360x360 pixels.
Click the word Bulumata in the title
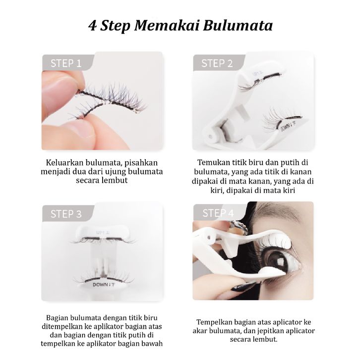tap(238, 25)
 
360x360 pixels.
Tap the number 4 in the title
tap(92, 26)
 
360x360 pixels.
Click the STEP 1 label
tap(66, 63)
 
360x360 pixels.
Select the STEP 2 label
tap(217, 63)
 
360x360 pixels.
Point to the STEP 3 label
tap(66, 214)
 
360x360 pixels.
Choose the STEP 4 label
tap(218, 213)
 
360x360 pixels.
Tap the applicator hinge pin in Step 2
tap(210, 136)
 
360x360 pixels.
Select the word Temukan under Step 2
tap(214, 162)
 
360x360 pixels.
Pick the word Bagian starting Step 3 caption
tap(57, 318)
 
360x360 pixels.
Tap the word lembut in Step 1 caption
tap(115, 180)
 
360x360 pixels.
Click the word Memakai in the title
tap(167, 25)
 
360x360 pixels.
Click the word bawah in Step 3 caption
tap(152, 344)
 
